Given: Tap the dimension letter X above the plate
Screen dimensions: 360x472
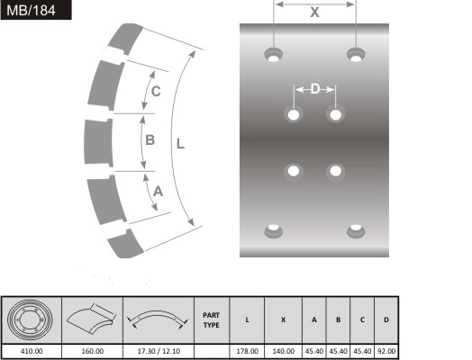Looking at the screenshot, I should (314, 13).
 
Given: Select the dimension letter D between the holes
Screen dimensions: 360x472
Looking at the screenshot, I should (314, 89).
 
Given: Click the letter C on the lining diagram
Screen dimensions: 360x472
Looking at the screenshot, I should (156, 92).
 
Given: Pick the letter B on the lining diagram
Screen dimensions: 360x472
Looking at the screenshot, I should (150, 139).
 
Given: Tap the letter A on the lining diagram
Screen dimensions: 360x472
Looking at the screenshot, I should (159, 191).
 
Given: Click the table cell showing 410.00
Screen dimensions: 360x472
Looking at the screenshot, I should (32, 351).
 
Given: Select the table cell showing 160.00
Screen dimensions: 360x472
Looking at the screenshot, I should (93, 351).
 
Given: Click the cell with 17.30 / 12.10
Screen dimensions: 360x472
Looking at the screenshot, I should (158, 351).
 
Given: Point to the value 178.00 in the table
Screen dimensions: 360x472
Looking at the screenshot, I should (247, 351).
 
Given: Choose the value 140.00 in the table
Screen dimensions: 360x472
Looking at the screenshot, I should (283, 351).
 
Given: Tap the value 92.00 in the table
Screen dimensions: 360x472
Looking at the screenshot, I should (386, 351).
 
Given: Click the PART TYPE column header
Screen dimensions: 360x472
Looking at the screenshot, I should (212, 319).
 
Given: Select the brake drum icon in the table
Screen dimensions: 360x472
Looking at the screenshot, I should (32, 319).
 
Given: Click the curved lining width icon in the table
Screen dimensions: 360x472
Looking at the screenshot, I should (93, 319).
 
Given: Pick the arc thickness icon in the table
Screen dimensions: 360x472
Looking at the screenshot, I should (158, 319).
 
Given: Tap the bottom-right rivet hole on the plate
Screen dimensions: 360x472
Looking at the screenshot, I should (357, 231).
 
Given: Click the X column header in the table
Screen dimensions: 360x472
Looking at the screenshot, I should (283, 319).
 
